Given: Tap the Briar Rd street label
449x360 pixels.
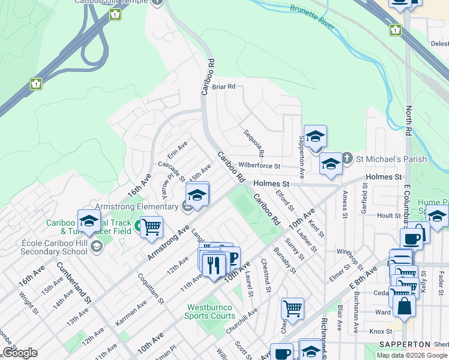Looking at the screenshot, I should coord(223,86).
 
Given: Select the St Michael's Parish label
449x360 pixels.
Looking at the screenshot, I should coord(391,159).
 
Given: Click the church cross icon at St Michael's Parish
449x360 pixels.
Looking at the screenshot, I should coord(347,159).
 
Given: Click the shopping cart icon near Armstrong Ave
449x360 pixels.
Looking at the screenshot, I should coord(152,227).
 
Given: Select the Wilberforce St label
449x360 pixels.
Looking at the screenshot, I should coord(259,165).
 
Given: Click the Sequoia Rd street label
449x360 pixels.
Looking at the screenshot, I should coord(253,143).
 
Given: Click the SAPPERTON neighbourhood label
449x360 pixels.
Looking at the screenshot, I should coord(404,344).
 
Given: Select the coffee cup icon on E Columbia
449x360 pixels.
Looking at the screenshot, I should coord(411,238).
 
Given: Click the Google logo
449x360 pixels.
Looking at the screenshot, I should coord(20,353).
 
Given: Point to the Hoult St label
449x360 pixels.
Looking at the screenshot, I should coord(389,215).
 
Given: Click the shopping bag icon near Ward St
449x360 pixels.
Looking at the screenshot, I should coord(405,306).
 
